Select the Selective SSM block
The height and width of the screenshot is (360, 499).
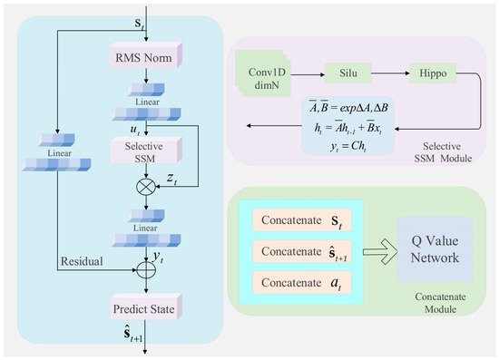coord(146,151)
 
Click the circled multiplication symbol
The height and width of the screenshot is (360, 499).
coord(146,187)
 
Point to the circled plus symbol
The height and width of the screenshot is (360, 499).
coord(146,270)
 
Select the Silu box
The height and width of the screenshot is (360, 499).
coord(347,73)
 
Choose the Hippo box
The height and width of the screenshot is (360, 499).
coord(433,73)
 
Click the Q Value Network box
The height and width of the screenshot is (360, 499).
coord(435,249)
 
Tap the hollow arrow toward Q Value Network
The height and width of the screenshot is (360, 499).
coord(380,251)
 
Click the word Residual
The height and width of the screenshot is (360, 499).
coord(82,261)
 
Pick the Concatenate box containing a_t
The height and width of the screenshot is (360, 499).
coord(302,282)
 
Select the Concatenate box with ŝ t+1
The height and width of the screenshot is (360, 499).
coord(302,251)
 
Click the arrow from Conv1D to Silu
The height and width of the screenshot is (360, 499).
coord(308,74)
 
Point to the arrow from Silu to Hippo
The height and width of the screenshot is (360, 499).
coord(390,73)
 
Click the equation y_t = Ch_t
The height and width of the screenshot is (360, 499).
coord(347,146)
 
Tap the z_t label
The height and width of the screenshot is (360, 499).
coord(171,179)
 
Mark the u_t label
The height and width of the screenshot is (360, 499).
coord(135,130)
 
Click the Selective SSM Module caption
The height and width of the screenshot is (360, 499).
coord(443,152)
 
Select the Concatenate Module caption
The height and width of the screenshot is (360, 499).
coord(440,303)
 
